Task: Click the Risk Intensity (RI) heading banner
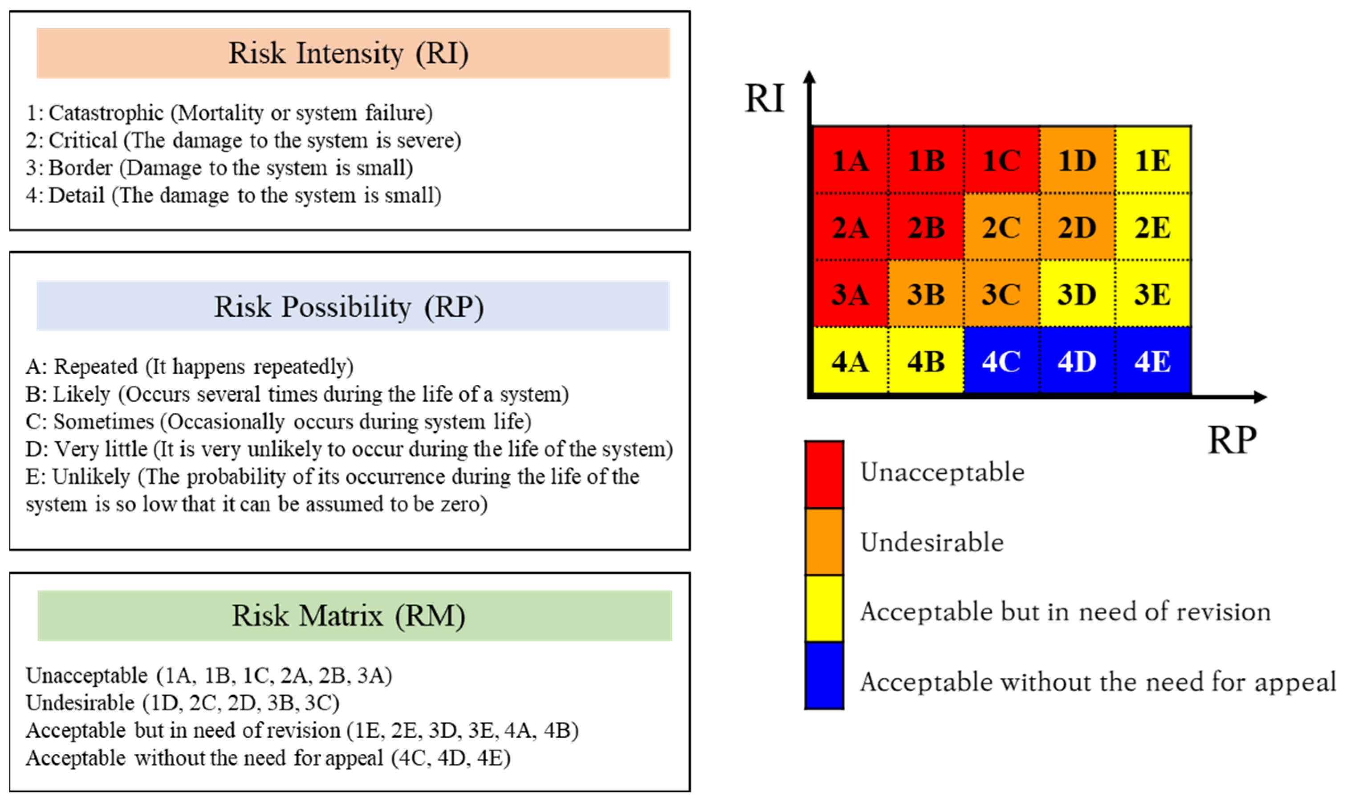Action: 353,53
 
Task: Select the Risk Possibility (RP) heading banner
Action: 353,306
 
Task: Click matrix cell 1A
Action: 851,160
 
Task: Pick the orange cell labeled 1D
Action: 1077,160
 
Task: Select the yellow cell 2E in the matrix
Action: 1152,227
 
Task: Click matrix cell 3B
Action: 926,294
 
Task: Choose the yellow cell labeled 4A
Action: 851,361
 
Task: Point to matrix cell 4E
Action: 1152,361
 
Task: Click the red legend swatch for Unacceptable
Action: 824,474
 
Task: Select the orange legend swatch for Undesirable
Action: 824,541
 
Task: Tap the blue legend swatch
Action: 824,675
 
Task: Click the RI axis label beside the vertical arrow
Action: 764,98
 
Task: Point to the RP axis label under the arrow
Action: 1232,440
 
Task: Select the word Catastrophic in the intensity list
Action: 106,113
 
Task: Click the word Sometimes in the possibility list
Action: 103,421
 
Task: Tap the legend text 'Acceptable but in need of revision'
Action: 1065,612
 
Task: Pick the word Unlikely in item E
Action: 91,477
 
